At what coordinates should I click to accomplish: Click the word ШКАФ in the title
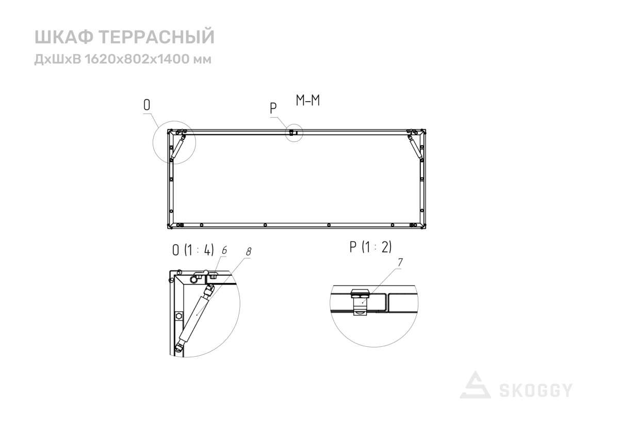(64, 37)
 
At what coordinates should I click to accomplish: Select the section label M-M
(308, 101)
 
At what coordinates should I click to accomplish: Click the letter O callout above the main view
(146, 105)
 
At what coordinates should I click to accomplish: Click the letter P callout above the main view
(273, 108)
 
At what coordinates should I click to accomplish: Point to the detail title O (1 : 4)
(193, 250)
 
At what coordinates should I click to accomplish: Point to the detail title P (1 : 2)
(370, 247)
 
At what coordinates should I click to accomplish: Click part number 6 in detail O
(224, 250)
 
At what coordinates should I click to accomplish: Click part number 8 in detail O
(249, 252)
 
